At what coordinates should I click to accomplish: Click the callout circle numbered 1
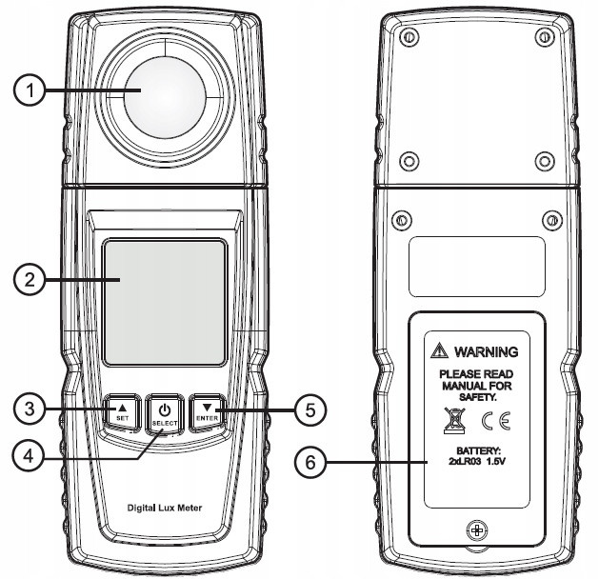click(x=30, y=92)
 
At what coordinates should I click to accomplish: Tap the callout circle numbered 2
click(x=30, y=279)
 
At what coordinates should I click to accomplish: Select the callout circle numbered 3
click(x=30, y=410)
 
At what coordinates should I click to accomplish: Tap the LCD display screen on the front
click(x=166, y=302)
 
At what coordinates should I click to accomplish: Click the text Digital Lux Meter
click(x=166, y=508)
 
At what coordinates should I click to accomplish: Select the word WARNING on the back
click(x=486, y=351)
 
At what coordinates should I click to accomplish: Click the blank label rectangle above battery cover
click(x=476, y=266)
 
